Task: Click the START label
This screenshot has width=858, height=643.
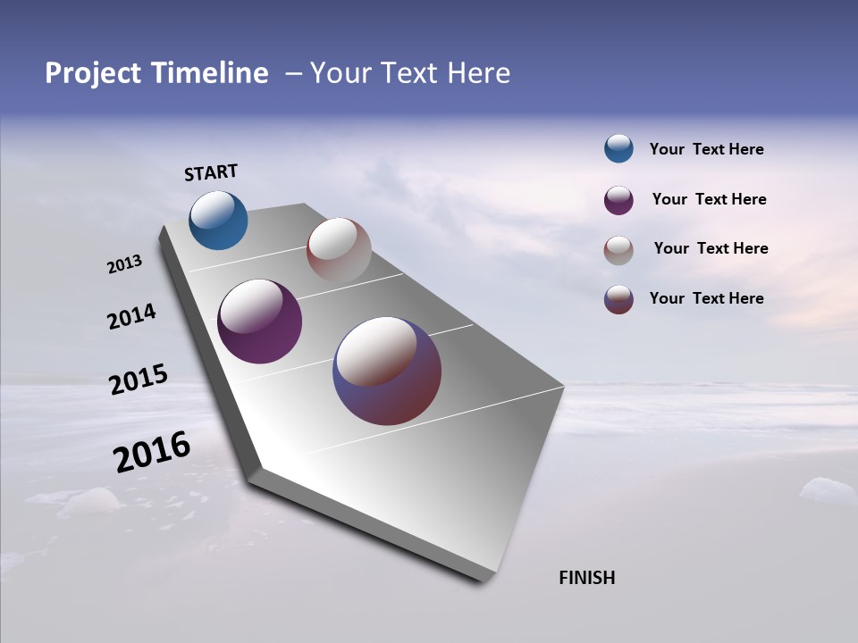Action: click(x=211, y=172)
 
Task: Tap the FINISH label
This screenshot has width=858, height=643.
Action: click(x=586, y=578)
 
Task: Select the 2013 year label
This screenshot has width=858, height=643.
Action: click(x=124, y=264)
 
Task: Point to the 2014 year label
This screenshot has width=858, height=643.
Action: click(x=131, y=317)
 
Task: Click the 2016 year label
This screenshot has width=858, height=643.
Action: click(x=151, y=452)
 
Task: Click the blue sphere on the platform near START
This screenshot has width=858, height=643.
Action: click(x=218, y=221)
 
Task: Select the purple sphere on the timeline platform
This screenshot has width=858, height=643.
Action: click(x=259, y=321)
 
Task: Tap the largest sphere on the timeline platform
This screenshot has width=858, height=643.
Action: click(x=387, y=371)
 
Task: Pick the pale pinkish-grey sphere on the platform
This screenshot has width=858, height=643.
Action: click(x=339, y=250)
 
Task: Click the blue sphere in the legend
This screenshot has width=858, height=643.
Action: click(x=618, y=148)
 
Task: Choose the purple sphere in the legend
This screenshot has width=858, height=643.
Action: click(x=618, y=200)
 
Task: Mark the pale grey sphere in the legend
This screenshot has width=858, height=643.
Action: click(x=618, y=250)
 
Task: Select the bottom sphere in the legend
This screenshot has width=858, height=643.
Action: click(x=618, y=299)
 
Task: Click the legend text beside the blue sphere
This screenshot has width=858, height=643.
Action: click(x=706, y=149)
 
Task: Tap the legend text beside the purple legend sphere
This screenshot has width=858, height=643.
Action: click(x=709, y=199)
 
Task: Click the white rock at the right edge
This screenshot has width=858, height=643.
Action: click(x=827, y=490)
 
